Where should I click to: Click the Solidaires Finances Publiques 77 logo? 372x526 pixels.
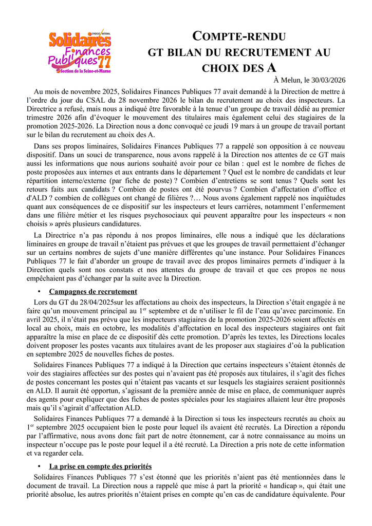(79, 51)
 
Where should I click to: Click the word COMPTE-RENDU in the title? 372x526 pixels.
(239, 36)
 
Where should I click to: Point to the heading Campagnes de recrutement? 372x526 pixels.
(93, 291)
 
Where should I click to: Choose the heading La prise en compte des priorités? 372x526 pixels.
(100, 466)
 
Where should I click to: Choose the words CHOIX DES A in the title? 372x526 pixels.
(239, 67)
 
